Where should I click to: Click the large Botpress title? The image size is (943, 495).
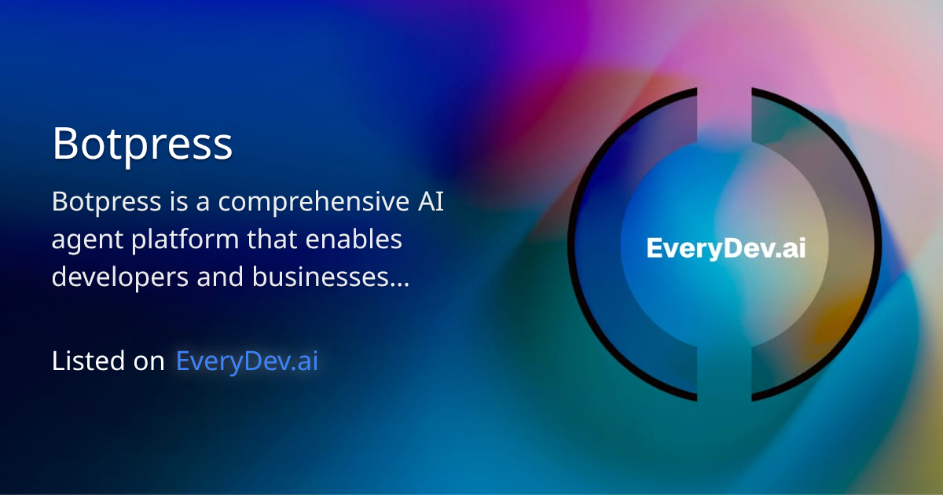tap(142, 144)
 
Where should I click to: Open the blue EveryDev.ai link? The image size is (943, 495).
tap(247, 361)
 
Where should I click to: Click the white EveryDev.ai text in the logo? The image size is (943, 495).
tap(725, 248)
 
